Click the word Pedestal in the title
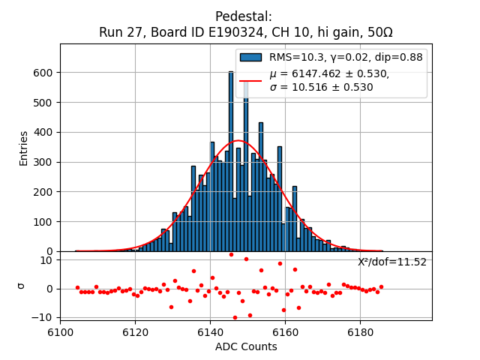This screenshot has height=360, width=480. click(244, 16)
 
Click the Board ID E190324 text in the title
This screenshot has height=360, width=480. click(181, 32)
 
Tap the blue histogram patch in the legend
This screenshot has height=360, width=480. click(250, 57)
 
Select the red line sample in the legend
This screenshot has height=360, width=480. click(250, 79)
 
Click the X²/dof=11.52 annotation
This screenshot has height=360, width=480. click(391, 262)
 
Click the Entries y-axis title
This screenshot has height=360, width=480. click(24, 148)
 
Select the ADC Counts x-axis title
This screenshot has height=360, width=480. click(246, 346)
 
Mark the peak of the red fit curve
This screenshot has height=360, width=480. click(238, 140)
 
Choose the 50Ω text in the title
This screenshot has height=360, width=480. click(378, 32)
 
